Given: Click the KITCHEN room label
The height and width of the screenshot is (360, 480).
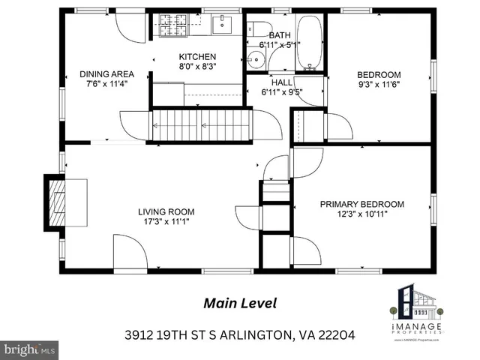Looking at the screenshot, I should pyautogui.click(x=197, y=57).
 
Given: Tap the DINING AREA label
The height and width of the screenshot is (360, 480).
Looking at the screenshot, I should pyautogui.click(x=106, y=74).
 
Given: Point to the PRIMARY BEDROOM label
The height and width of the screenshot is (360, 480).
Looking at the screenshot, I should pyautogui.click(x=362, y=204).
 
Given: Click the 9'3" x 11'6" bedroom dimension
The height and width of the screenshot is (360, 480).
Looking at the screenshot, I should pyautogui.click(x=379, y=85).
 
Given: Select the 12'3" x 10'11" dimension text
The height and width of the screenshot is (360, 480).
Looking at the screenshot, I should pyautogui.click(x=362, y=214).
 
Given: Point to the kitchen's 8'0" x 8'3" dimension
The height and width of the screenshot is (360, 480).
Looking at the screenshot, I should pyautogui.click(x=197, y=67).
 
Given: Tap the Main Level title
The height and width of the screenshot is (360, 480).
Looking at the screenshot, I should pyautogui.click(x=240, y=303).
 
